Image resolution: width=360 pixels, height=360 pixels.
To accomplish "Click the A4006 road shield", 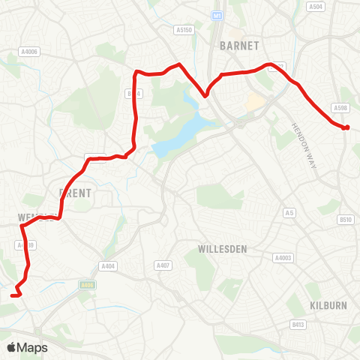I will (x=29, y=52).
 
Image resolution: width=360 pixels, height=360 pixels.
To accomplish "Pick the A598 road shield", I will (x=342, y=108).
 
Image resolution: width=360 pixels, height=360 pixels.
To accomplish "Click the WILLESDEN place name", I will (x=223, y=247).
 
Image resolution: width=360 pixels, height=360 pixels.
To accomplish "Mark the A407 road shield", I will (x=163, y=265).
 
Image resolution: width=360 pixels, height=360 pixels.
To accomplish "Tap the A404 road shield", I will (x=108, y=265).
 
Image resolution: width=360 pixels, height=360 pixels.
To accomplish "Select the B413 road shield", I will (x=298, y=325).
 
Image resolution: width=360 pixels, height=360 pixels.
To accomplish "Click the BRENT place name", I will (x=75, y=193).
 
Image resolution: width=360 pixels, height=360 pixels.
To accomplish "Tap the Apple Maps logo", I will (x=27, y=347).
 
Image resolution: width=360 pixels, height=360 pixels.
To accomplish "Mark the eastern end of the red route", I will (x=346, y=127).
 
